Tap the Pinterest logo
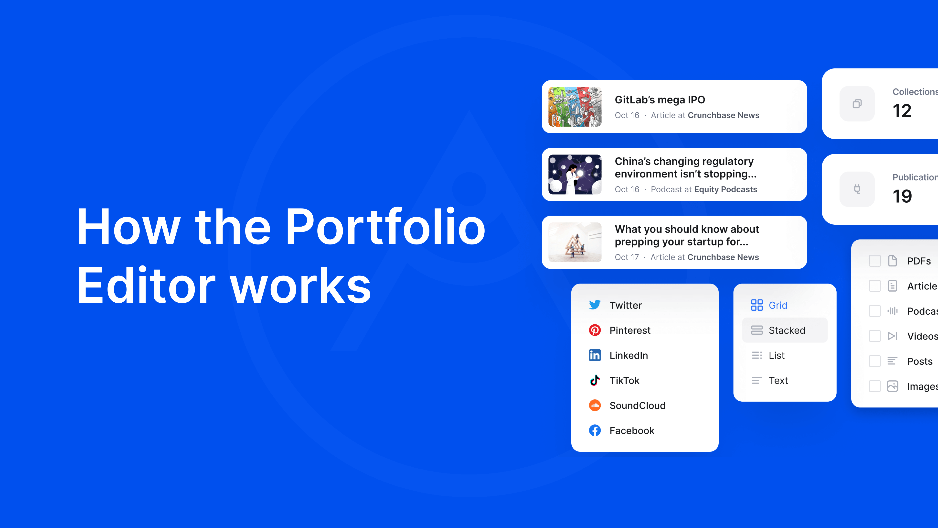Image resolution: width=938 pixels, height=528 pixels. pyautogui.click(x=595, y=330)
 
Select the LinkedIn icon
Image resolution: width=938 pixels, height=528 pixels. pyautogui.click(x=595, y=355)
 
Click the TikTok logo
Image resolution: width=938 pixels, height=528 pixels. pyautogui.click(x=595, y=380)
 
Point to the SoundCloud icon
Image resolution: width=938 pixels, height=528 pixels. pyautogui.click(x=595, y=405)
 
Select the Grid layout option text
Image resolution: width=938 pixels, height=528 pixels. pyautogui.click(x=778, y=305)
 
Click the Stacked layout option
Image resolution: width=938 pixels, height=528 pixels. pyautogui.click(x=787, y=330)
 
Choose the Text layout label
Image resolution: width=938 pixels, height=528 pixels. pyautogui.click(x=778, y=380)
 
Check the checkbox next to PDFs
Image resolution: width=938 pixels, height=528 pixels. pyautogui.click(x=875, y=261)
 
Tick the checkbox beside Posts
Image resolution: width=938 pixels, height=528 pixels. pyautogui.click(x=875, y=361)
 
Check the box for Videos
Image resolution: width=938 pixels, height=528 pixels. pyautogui.click(x=875, y=336)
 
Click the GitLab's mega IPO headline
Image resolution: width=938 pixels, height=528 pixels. pyautogui.click(x=660, y=100)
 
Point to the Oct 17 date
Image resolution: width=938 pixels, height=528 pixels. pyautogui.click(x=627, y=257)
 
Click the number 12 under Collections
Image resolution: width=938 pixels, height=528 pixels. pyautogui.click(x=902, y=111)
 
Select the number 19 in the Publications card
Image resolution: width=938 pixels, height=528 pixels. pyautogui.click(x=902, y=196)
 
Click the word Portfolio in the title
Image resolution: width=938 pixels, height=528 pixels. pyautogui.click(x=385, y=227)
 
